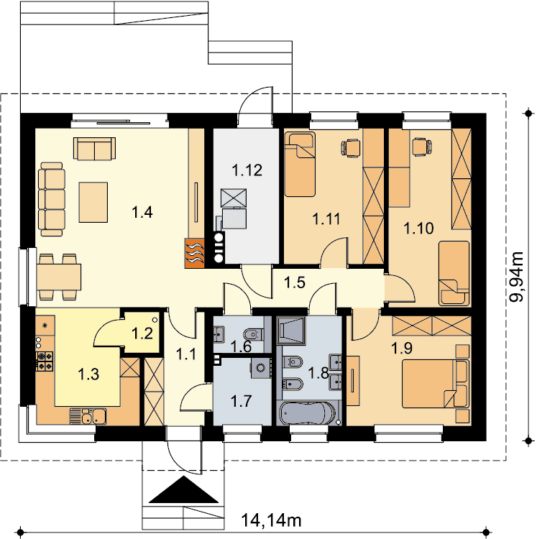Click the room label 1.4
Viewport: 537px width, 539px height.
[x=142, y=212]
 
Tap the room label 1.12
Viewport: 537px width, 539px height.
[x=247, y=170]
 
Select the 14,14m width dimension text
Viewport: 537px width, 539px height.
[x=271, y=520]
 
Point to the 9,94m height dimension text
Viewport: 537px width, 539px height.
[x=516, y=277]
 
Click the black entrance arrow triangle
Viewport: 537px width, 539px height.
[x=183, y=490]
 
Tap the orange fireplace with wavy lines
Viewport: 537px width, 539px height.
[x=195, y=254]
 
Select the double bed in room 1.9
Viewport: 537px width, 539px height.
[x=435, y=384]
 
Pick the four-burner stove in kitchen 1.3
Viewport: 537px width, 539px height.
[x=45, y=361]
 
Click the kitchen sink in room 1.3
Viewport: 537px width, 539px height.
[x=88, y=416]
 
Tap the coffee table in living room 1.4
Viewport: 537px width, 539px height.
[x=93, y=202]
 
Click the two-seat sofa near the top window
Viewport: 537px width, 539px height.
[x=94, y=149]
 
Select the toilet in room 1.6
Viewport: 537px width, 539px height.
[x=254, y=333]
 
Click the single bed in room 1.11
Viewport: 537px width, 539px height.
[x=300, y=165]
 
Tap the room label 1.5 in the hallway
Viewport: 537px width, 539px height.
[x=295, y=282]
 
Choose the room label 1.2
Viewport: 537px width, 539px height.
[x=142, y=333]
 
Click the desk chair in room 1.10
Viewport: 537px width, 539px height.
[x=422, y=147]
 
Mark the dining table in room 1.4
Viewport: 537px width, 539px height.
[x=59, y=277]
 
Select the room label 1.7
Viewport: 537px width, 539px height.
[x=241, y=401]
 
